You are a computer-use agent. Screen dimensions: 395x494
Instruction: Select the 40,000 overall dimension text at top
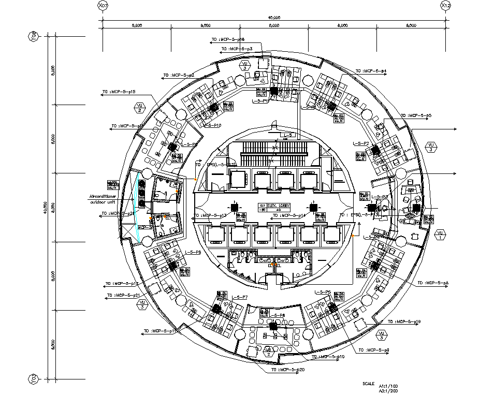[x=274, y=17]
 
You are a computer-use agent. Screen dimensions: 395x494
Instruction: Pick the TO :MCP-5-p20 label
[x=287, y=370]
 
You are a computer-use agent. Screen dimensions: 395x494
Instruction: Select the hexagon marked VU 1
[x=440, y=235]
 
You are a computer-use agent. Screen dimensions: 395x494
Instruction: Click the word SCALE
[x=369, y=384]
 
